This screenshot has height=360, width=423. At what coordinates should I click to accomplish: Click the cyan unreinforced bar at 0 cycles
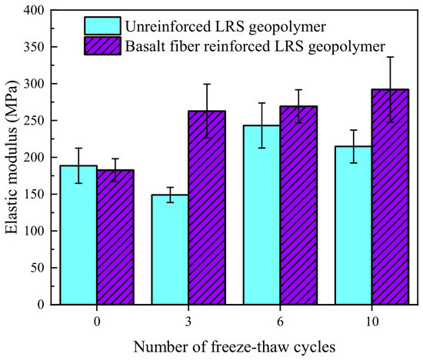click(x=78, y=235)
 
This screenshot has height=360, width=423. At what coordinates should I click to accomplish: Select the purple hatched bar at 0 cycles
click(x=115, y=237)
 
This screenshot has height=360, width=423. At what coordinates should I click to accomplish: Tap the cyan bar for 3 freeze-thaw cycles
click(x=170, y=250)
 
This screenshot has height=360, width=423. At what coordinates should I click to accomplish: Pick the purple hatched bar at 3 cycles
click(x=207, y=208)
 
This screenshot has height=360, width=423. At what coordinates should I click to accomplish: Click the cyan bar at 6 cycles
click(x=262, y=215)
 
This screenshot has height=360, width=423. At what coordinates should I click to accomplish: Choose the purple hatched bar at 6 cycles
click(x=298, y=205)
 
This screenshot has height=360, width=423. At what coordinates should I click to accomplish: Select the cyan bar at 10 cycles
click(x=354, y=225)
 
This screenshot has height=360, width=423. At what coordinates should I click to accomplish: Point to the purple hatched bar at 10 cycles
click(x=391, y=197)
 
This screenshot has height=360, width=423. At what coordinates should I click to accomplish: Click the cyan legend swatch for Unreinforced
click(x=102, y=26)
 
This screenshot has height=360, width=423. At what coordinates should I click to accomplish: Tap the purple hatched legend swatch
click(x=102, y=46)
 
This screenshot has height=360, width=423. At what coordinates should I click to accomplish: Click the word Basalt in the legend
click(x=145, y=46)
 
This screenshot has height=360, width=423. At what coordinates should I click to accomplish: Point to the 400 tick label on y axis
click(x=34, y=10)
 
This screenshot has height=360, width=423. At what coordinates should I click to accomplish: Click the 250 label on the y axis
click(x=34, y=120)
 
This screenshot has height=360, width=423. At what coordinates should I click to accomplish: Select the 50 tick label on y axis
click(x=37, y=268)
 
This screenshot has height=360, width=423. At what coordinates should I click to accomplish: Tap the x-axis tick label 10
click(x=372, y=322)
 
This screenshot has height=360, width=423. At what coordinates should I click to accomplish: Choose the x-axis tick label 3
click(x=188, y=322)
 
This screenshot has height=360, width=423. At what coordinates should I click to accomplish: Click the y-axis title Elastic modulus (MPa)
click(x=12, y=158)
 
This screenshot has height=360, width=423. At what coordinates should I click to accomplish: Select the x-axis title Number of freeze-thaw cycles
click(x=235, y=347)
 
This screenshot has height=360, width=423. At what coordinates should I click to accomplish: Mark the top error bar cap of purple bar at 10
click(x=391, y=57)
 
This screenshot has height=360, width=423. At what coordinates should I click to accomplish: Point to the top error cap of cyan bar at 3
click(x=170, y=187)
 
